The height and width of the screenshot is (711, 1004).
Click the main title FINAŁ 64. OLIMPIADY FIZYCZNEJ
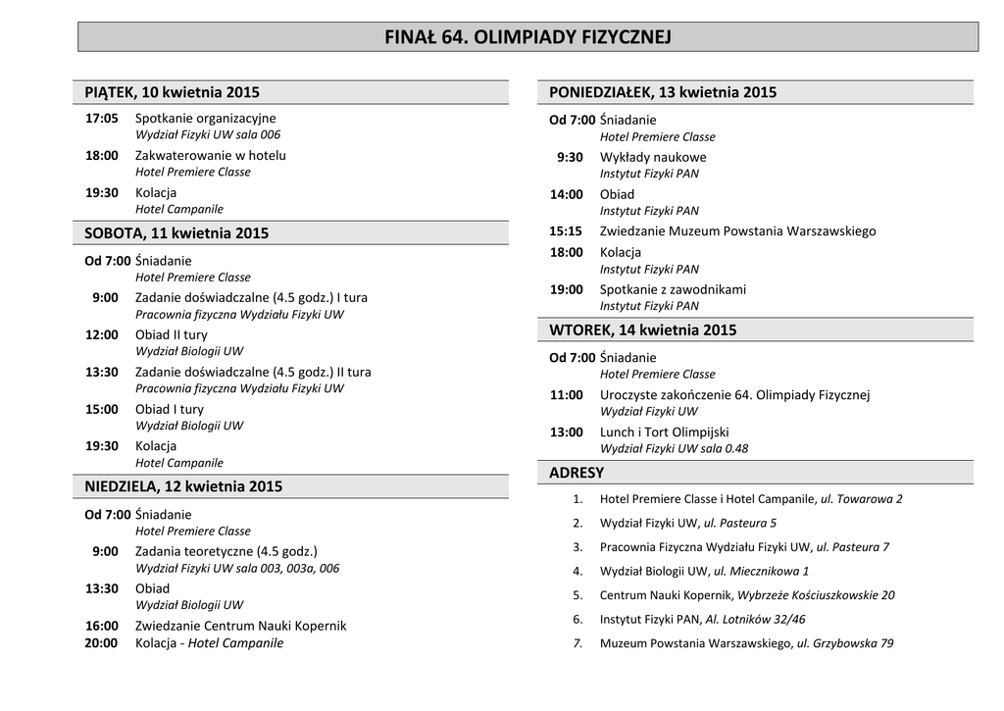(x=527, y=37)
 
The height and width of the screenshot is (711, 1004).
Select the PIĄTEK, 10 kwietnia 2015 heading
(x=173, y=92)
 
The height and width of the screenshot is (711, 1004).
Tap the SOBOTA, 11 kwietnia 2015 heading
(x=176, y=233)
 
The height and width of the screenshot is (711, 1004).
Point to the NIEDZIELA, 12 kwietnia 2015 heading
(x=183, y=486)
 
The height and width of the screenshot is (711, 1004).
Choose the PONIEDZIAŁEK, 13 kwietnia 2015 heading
(x=663, y=92)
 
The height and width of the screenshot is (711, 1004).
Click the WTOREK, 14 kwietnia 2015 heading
(x=642, y=330)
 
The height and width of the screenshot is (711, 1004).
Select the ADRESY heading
(x=577, y=473)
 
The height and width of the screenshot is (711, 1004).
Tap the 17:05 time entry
(x=102, y=118)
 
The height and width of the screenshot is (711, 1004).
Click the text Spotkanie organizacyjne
(x=206, y=118)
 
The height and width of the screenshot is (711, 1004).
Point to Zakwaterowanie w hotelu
(x=211, y=155)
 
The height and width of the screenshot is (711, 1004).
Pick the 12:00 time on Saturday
(x=102, y=334)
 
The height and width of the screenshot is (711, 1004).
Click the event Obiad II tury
(x=172, y=334)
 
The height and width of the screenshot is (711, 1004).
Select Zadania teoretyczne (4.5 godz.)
(x=226, y=551)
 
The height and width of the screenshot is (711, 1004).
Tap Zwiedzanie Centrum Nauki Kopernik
(x=240, y=626)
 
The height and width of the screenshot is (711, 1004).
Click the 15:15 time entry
(x=566, y=231)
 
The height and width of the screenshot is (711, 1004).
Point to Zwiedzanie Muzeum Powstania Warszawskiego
(x=738, y=231)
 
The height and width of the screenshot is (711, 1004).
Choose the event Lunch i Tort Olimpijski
(x=665, y=432)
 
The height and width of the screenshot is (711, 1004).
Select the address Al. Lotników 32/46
(x=755, y=619)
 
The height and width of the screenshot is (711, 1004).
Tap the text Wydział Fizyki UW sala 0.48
(x=675, y=448)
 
